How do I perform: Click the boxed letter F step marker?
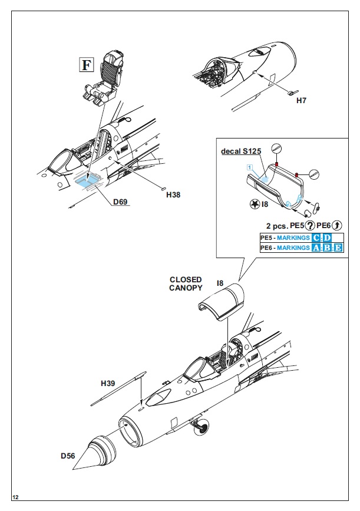pyautogui.click(x=86, y=64)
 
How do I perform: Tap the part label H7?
pyautogui.click(x=301, y=100)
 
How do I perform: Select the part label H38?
pyautogui.click(x=173, y=194)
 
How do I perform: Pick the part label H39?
pyautogui.click(x=108, y=384)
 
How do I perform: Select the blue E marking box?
pyautogui.click(x=338, y=248)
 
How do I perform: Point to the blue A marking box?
pyautogui.click(x=318, y=248)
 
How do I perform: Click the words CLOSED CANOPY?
pyautogui.click(x=186, y=283)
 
